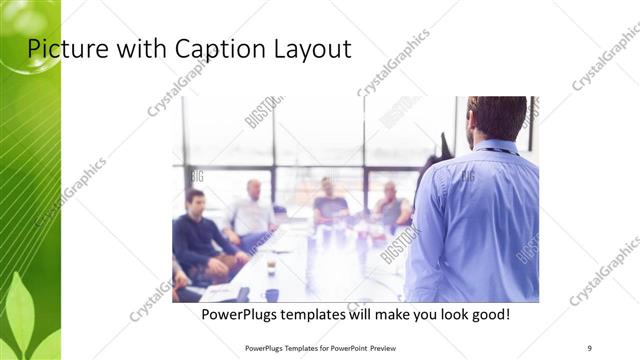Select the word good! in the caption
(x=486, y=314)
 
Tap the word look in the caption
(x=441, y=314)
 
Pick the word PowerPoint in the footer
(x=346, y=347)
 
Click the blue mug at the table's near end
(x=272, y=295)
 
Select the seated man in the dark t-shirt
(x=329, y=202)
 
